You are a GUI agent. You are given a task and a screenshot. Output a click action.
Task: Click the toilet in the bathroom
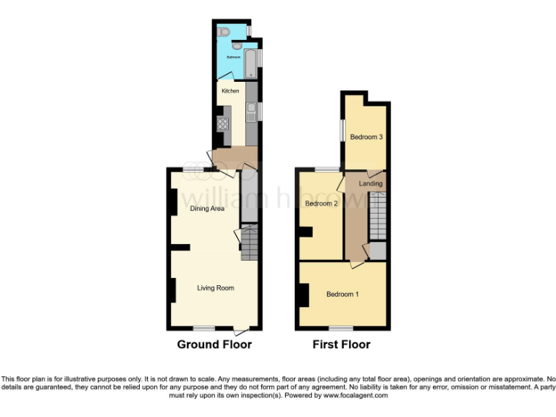click(224, 32)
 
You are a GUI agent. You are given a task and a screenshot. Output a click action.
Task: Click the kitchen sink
click(251, 111)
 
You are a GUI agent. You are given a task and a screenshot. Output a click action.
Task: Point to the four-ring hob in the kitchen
click(223, 122)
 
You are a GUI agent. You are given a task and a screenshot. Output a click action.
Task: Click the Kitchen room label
click(230, 91)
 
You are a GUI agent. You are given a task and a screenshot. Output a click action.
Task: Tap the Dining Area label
click(207, 208)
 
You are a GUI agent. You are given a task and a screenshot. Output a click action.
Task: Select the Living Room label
click(216, 288)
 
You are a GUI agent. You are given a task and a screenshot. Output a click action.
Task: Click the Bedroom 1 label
click(342, 294)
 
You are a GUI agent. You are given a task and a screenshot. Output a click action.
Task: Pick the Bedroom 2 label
click(321, 203)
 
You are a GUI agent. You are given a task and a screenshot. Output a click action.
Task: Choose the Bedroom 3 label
click(366, 137)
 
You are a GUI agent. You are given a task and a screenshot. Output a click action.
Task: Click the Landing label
click(371, 184)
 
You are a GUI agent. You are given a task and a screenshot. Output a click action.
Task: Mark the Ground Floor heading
click(214, 345)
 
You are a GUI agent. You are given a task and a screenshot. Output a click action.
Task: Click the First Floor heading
click(341, 345)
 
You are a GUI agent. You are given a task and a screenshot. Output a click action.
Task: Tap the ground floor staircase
click(249, 243)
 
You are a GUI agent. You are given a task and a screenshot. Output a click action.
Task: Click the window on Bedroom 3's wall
click(342, 132)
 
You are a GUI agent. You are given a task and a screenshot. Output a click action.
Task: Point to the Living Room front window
click(203, 328)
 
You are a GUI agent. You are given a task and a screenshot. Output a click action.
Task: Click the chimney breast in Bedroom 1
click(303, 294)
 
